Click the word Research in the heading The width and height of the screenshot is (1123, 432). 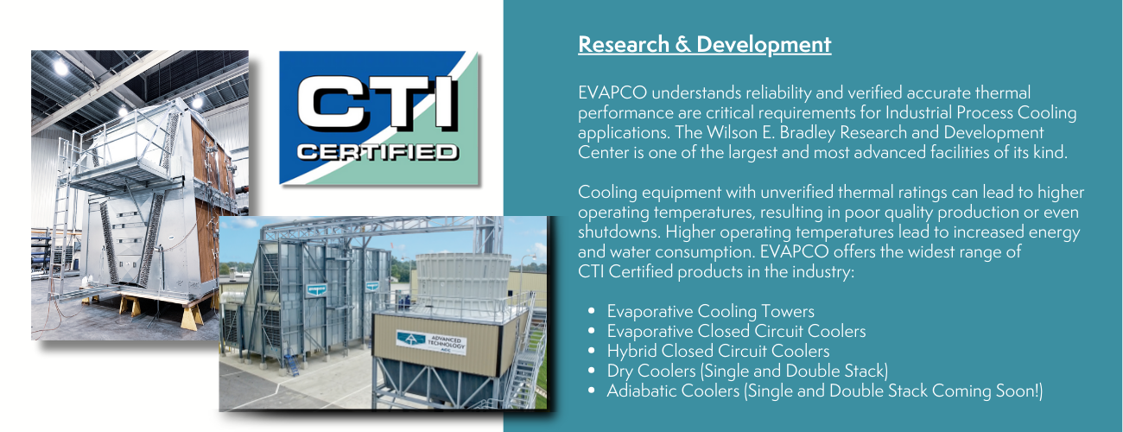coord(624,44)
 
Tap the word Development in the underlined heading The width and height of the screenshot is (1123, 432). coord(764,45)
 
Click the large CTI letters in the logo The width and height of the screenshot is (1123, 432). coord(378,103)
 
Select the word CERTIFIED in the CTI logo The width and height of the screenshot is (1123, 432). coord(378,152)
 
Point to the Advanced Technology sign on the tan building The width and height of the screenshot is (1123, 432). coord(431,342)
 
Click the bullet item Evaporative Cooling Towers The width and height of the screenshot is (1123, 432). coord(710,311)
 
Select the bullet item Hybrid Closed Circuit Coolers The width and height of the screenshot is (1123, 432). coord(718,351)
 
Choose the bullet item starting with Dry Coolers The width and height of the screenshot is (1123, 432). coord(747,371)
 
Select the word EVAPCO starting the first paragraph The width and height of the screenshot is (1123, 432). coord(612,92)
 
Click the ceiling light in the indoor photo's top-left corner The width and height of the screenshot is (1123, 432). coord(60,67)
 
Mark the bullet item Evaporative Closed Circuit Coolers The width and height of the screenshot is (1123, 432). coord(736,331)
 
